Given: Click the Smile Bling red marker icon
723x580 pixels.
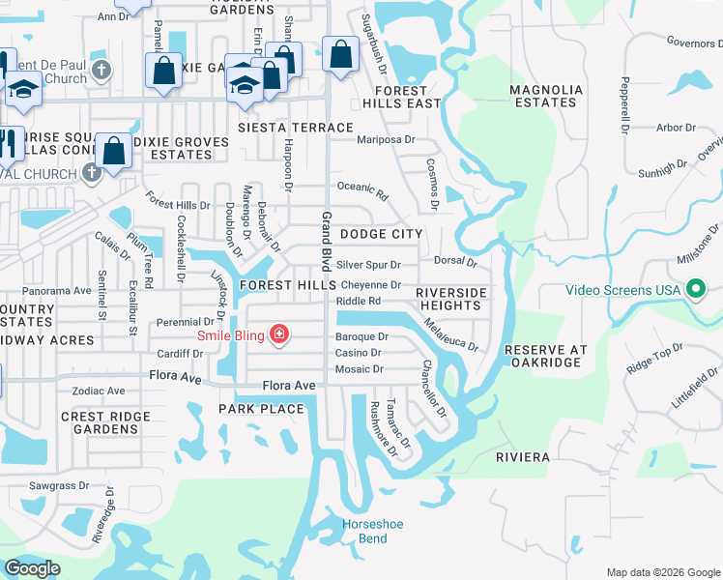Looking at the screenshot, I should point(279,335).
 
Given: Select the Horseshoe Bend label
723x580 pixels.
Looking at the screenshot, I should point(364,531).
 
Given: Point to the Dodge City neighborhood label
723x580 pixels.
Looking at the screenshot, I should point(381,234).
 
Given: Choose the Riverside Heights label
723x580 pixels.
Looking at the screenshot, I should point(448,299).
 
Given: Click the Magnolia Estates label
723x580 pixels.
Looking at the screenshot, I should point(546,96).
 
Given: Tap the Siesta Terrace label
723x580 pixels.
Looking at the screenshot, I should point(296,128).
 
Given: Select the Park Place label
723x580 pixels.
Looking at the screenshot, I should point(261,409).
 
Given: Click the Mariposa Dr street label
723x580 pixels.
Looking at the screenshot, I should point(386,139).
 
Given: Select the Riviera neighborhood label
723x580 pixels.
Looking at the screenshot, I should point(523,456).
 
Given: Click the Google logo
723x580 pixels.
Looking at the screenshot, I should point(32,568).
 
